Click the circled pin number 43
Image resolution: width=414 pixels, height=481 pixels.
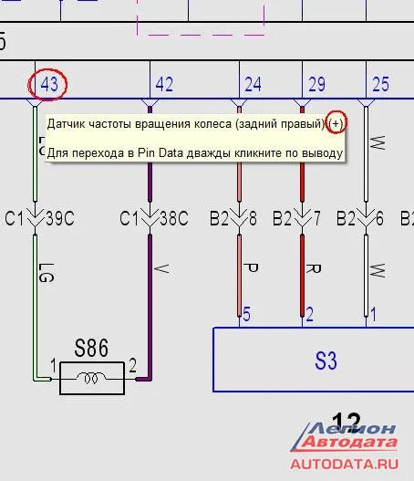click(x=49, y=84)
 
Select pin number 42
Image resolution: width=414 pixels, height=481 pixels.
click(x=164, y=84)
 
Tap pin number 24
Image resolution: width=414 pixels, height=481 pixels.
click(x=254, y=84)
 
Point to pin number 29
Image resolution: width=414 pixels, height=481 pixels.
click(x=316, y=84)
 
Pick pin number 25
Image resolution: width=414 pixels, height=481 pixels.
click(x=380, y=84)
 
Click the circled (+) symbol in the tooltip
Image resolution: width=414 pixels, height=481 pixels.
click(x=336, y=123)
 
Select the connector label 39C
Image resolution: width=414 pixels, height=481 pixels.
click(x=60, y=218)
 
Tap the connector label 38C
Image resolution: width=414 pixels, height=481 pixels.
click(x=174, y=218)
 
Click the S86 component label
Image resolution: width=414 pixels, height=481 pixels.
click(x=91, y=348)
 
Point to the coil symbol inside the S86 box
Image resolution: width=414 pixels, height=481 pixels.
click(x=91, y=378)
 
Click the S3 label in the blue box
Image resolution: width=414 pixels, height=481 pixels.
click(x=326, y=361)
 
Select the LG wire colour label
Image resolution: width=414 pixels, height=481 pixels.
click(x=47, y=272)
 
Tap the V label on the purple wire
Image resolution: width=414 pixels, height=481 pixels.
click(x=161, y=268)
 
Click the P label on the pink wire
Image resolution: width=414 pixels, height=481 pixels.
click(x=252, y=267)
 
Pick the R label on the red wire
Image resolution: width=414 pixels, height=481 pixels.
click(x=314, y=268)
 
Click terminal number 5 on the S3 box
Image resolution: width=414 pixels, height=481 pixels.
click(x=246, y=314)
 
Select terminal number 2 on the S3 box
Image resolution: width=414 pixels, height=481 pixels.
click(x=310, y=314)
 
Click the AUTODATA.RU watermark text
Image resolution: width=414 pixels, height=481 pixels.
click(x=345, y=464)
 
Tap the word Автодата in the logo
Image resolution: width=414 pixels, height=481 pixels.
click(x=349, y=442)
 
